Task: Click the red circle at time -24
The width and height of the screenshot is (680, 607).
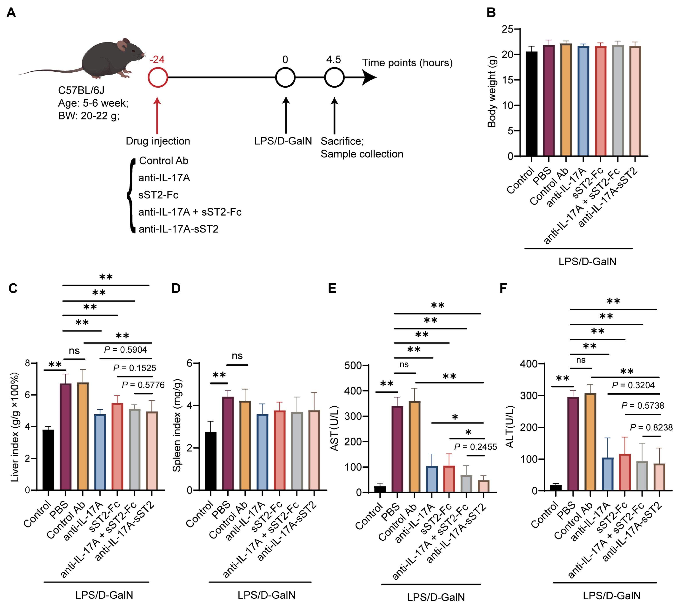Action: pyautogui.click(x=158, y=77)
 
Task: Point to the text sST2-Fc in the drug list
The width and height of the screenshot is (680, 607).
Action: pyautogui.click(x=158, y=195)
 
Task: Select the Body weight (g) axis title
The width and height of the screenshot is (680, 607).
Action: pyautogui.click(x=492, y=92)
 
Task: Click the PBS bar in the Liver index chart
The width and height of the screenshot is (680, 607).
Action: pyautogui.click(x=65, y=437)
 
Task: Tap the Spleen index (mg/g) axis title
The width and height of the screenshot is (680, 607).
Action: pyautogui.click(x=177, y=425)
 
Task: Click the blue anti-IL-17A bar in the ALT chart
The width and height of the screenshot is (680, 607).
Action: pyautogui.click(x=607, y=474)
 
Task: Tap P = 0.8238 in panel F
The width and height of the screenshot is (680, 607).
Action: pyautogui.click(x=651, y=428)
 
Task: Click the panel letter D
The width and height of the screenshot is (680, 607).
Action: pyautogui.click(x=176, y=288)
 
